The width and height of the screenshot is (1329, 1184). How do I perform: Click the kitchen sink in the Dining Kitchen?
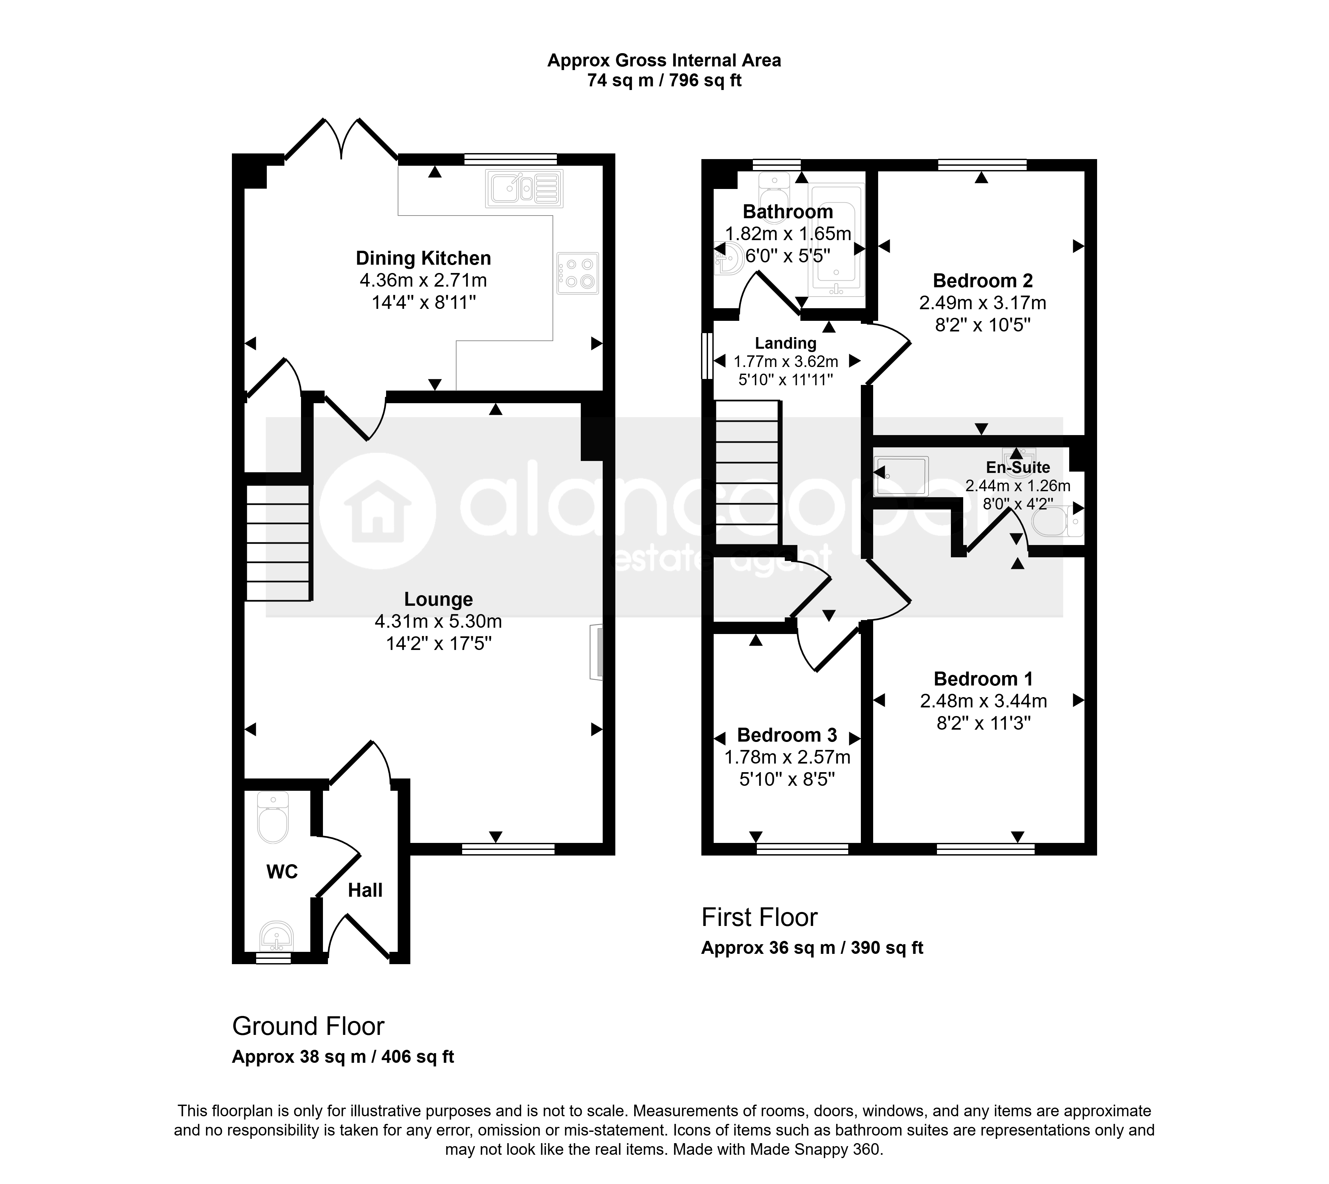point(524,189)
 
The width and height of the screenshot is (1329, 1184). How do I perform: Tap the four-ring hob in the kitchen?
point(577,273)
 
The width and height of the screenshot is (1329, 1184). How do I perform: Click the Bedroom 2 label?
point(983,281)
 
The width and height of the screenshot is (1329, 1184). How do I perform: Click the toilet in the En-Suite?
point(1058,521)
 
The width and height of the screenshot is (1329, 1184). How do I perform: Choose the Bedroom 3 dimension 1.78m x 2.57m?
point(787,757)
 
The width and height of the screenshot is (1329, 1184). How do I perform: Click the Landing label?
point(785,343)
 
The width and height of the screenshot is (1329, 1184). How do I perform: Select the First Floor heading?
point(759,917)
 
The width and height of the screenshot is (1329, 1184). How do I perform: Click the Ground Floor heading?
point(309,1026)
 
